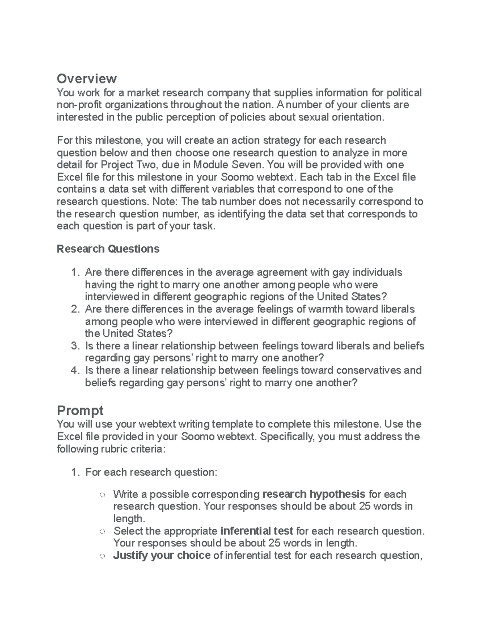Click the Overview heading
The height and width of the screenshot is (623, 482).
pos(87,78)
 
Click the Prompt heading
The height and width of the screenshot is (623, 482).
pos(80,410)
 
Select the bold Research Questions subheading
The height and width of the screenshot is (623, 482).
pos(108,249)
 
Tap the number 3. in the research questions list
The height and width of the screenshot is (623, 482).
pos(75,346)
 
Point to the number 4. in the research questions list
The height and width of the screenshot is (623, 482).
pos(75,370)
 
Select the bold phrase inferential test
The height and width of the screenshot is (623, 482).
pos(257,531)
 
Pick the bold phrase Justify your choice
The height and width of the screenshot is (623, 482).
pos(162,555)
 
